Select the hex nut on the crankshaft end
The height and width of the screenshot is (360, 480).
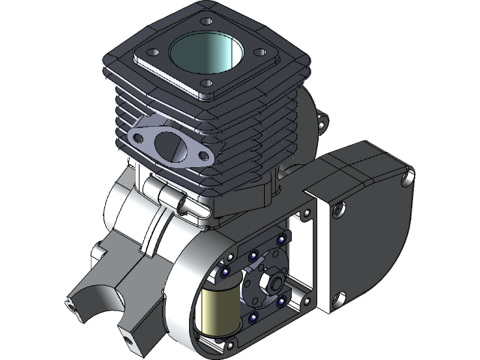click(x=271, y=283)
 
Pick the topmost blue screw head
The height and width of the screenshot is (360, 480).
click(x=281, y=239)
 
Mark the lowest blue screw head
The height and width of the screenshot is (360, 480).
click(x=252, y=318)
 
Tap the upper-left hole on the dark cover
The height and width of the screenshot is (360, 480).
click(x=339, y=210)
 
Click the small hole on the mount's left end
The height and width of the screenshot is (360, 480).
click(x=69, y=303)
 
